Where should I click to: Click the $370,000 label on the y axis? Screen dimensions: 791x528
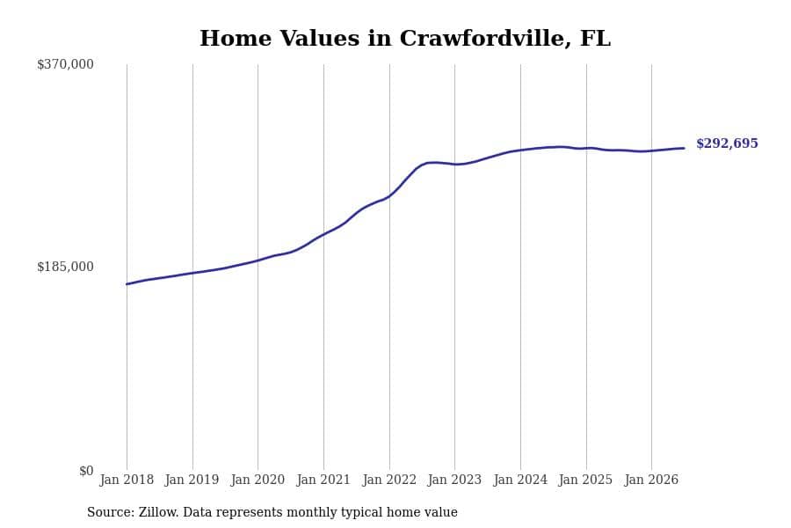65,64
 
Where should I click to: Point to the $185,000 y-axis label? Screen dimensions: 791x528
65,267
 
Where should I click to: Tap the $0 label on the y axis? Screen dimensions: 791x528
86,471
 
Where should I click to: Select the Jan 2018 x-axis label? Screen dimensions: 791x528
127,480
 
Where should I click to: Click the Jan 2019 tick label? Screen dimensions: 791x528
192,480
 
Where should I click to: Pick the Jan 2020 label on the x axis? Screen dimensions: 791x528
258,480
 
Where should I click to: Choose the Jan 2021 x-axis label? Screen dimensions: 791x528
323,480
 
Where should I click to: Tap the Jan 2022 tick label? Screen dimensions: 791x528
389,480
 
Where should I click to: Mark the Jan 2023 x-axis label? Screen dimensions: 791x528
454,480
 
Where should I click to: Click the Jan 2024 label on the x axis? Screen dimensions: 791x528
520,480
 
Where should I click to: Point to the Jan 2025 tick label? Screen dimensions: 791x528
585,480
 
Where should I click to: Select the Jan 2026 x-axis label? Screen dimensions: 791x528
651,480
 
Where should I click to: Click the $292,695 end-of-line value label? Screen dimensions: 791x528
727,143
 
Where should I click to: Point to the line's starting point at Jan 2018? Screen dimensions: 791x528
127,284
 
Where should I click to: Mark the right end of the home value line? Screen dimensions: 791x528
684,148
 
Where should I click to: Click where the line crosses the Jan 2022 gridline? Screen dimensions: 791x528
389,195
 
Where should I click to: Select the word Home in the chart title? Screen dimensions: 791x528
236,39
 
